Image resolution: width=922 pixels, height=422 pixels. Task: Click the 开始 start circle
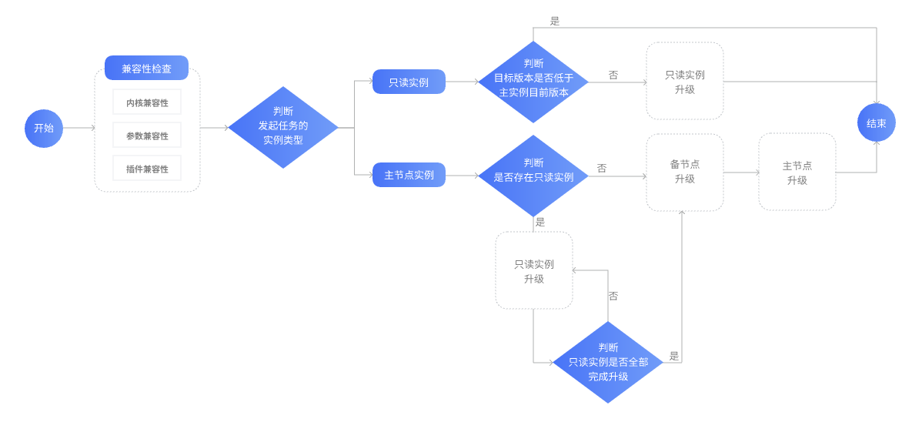[44, 129]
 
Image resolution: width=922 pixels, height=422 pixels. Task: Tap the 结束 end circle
[877, 123]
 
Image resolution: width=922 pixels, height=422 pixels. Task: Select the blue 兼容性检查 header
[146, 69]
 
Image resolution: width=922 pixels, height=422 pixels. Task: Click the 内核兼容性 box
[147, 102]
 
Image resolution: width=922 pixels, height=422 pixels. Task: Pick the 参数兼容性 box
[147, 136]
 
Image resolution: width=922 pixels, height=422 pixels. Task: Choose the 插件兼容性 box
[147, 169]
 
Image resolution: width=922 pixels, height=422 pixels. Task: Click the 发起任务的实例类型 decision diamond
[283, 128]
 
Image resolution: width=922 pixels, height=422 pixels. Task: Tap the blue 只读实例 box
[409, 82]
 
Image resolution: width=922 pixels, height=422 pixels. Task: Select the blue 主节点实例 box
[409, 175]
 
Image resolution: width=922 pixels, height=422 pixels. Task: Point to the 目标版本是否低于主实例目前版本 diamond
[533, 82]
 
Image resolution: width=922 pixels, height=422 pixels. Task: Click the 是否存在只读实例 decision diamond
[533, 175]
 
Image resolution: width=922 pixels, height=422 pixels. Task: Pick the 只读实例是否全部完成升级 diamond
[608, 362]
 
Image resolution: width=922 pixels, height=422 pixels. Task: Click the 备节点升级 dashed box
[685, 172]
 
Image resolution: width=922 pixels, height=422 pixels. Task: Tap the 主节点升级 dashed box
[797, 172]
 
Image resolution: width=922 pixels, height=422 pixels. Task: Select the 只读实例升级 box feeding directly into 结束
[685, 81]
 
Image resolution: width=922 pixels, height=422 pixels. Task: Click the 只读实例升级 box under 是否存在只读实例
[534, 270]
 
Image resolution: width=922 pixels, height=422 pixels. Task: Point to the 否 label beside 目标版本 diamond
[613, 75]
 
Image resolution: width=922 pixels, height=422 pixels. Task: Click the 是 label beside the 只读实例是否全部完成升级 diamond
[674, 356]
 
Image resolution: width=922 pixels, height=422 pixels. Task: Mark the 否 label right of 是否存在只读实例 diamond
[602, 168]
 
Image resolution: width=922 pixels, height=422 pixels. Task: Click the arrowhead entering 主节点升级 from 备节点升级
[757, 172]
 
